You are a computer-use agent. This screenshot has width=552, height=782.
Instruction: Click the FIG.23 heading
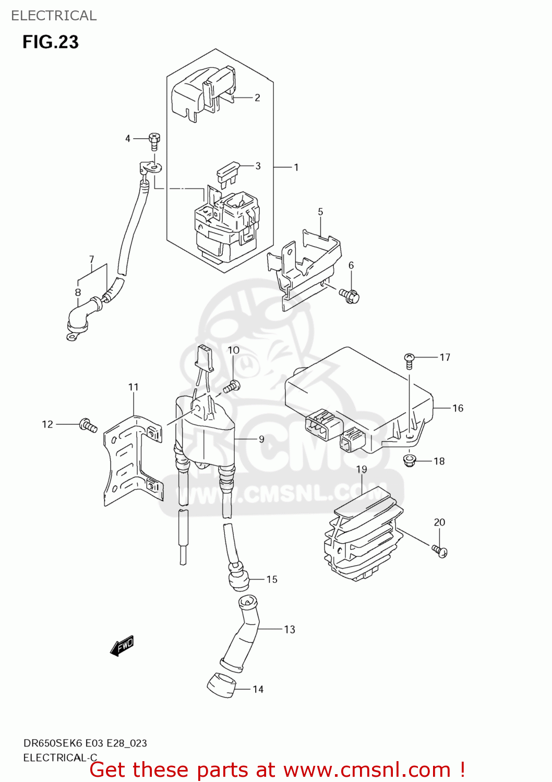50,42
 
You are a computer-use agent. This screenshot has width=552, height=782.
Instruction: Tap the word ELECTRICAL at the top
54,16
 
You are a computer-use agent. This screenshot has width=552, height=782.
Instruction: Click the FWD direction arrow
122,645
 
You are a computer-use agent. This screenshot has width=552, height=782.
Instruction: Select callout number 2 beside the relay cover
257,97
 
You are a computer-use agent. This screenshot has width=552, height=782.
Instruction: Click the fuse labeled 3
228,171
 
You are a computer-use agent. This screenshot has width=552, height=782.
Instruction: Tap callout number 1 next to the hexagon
296,167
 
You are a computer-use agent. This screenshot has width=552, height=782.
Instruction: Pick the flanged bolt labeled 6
350,296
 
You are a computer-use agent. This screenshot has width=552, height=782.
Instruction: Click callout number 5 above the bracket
320,212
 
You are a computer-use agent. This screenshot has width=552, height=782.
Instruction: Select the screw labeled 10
232,386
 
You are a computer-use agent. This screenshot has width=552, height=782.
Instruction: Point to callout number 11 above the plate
134,387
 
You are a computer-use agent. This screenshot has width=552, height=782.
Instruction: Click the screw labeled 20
439,551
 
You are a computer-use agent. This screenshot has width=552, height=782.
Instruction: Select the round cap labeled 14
221,685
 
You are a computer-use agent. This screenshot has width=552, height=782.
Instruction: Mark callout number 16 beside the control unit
458,408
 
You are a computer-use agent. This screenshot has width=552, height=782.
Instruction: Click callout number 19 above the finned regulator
362,469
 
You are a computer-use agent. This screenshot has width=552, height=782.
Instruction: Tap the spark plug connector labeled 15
239,580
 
